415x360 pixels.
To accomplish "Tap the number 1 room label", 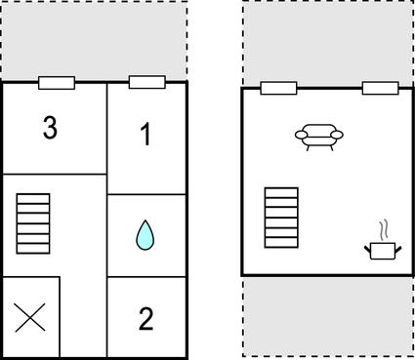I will [145, 136].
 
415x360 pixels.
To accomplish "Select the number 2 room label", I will [145, 318].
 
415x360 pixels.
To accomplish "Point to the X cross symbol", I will [31, 317].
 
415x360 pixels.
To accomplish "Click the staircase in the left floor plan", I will [32, 223].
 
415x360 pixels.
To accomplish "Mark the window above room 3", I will [57, 83].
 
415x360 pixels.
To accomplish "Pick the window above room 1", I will [146, 82].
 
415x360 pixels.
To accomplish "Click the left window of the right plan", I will [279, 88].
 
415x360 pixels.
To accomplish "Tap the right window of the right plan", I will [380, 88].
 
